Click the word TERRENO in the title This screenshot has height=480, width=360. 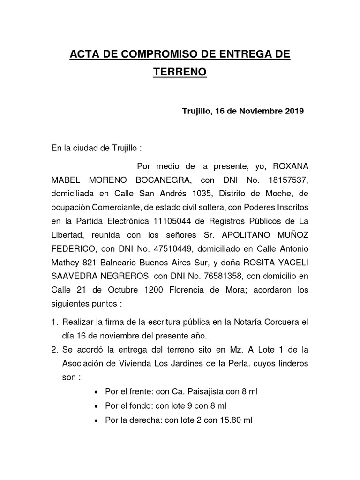[x=180, y=73]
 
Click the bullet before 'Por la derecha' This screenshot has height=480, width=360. [x=97, y=420]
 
